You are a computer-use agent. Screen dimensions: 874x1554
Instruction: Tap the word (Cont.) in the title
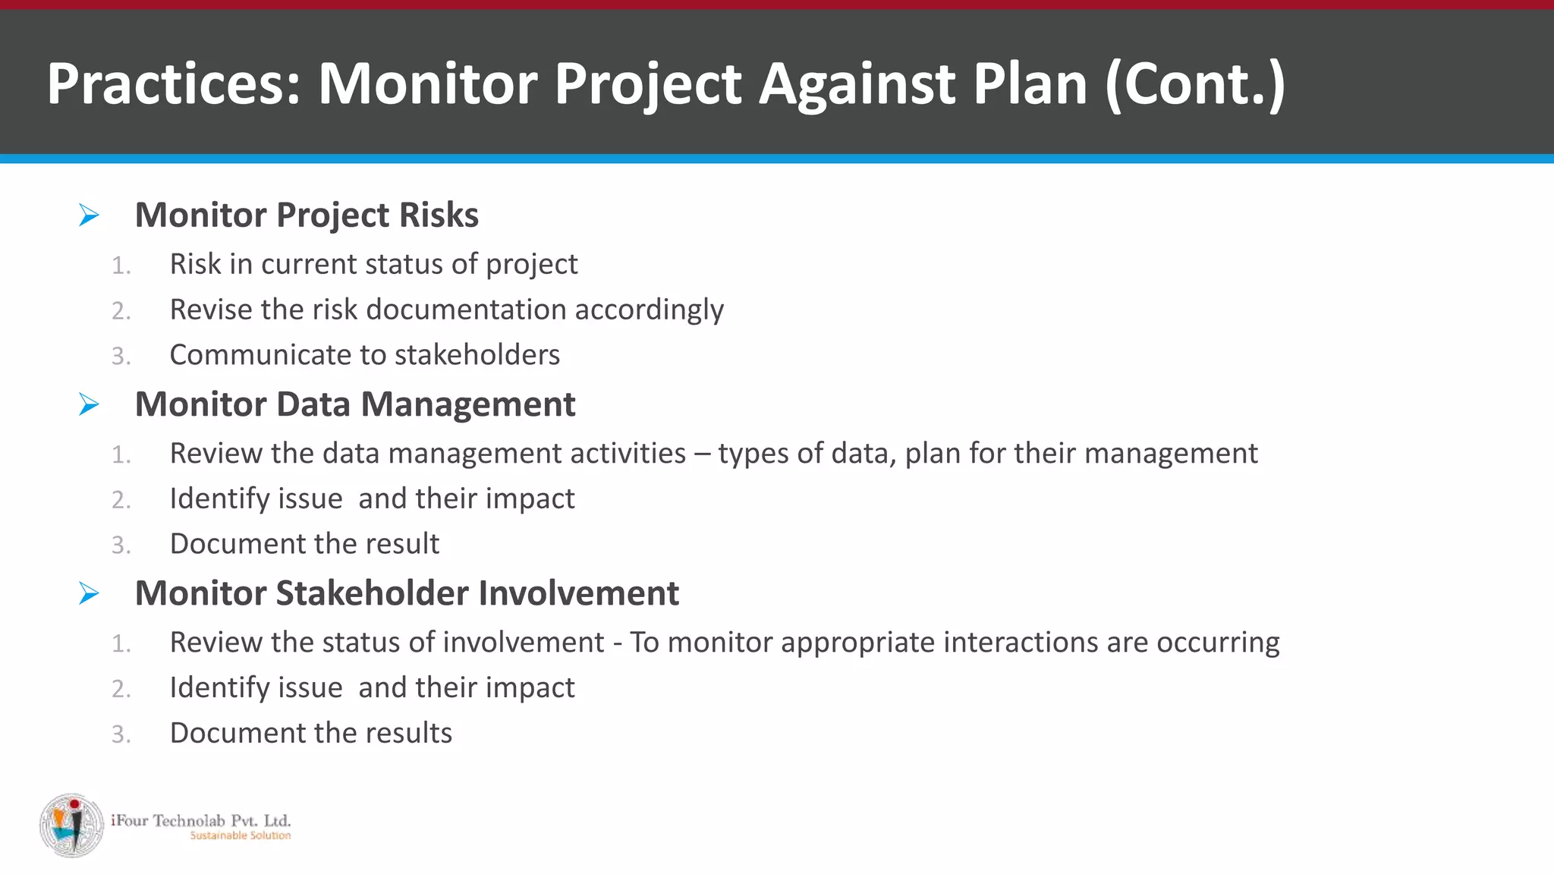point(1194,83)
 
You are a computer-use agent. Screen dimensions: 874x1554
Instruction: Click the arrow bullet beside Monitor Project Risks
point(89,215)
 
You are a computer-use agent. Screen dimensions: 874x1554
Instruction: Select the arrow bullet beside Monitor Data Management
point(89,404)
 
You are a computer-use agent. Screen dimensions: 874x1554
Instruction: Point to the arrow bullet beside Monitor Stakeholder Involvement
point(89,593)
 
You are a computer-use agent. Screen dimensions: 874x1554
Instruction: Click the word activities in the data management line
point(628,453)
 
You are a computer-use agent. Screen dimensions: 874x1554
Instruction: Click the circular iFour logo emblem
point(72,825)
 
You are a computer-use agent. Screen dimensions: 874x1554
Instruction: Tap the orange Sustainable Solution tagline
point(240,836)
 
